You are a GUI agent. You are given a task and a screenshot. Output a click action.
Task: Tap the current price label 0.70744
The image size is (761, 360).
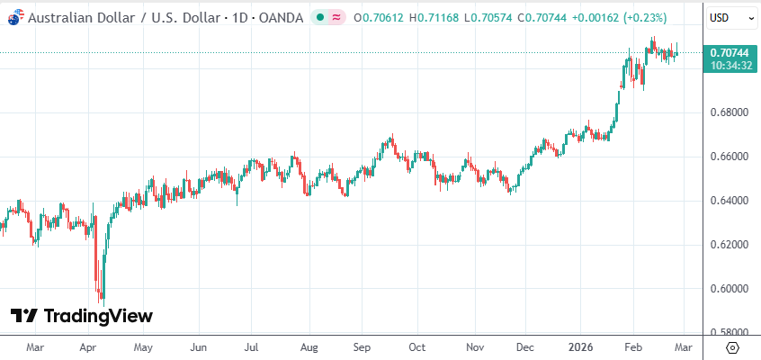click(730, 53)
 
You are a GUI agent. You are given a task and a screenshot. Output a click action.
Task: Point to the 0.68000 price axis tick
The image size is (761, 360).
click(730, 112)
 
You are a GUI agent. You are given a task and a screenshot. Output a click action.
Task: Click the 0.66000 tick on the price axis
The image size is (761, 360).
click(730, 157)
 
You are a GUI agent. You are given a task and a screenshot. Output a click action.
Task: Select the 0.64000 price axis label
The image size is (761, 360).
click(730, 201)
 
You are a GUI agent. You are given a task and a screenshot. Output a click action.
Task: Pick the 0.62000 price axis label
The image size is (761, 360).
click(730, 245)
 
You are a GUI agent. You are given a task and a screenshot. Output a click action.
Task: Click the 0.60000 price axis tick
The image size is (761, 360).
click(730, 289)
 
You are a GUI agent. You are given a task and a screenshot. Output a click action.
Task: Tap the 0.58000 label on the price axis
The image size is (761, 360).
click(730, 332)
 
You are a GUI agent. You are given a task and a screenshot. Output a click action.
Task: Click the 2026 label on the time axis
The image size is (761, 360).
click(581, 346)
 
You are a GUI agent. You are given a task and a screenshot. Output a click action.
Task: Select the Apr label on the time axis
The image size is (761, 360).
click(87, 346)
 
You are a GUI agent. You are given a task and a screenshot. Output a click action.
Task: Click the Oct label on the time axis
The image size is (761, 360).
click(416, 346)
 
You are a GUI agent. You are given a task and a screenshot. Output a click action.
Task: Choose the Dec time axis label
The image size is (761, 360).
click(526, 346)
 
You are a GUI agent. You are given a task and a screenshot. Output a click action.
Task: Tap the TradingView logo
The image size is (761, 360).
click(82, 316)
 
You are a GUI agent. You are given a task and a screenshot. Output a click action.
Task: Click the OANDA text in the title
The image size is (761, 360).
click(280, 17)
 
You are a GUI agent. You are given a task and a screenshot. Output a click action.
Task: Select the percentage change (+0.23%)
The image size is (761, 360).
click(642, 17)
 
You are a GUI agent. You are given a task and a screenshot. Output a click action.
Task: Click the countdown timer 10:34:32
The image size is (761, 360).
click(730, 66)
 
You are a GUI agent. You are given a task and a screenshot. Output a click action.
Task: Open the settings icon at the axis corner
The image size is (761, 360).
click(731, 347)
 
